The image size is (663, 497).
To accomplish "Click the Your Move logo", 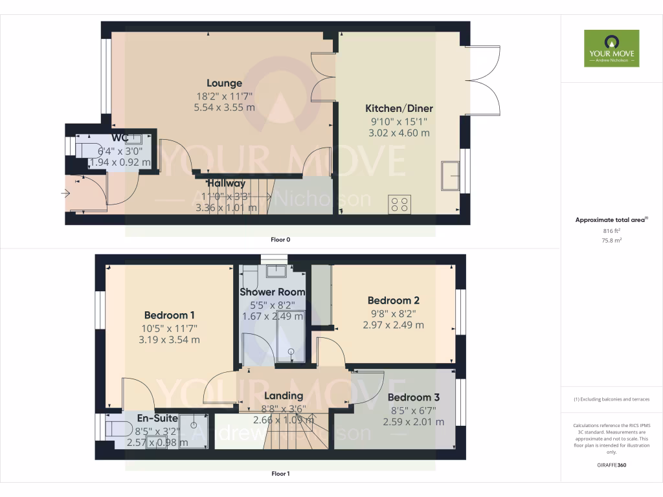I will point(611,48).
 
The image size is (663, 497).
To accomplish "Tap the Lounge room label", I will point(224,83).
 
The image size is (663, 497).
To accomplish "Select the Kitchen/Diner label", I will point(399,108).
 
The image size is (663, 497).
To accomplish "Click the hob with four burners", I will point(399,204).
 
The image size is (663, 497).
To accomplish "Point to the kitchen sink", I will point(451,175).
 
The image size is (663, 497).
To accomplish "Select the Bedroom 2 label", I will point(394,300).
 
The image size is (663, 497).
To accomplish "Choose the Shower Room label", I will point(272,292).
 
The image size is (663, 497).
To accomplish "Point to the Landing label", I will point(284,395).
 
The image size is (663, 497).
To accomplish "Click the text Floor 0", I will point(280,239).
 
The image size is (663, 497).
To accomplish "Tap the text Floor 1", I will point(280,474).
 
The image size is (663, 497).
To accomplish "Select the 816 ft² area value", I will point(611,230).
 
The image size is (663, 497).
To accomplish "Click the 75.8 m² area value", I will point(611,239).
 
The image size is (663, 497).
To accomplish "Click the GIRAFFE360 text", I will point(611,465).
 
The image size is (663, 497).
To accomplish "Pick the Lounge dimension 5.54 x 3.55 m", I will point(224,107).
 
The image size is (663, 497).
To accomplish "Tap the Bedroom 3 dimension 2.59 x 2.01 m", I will point(413,421).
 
